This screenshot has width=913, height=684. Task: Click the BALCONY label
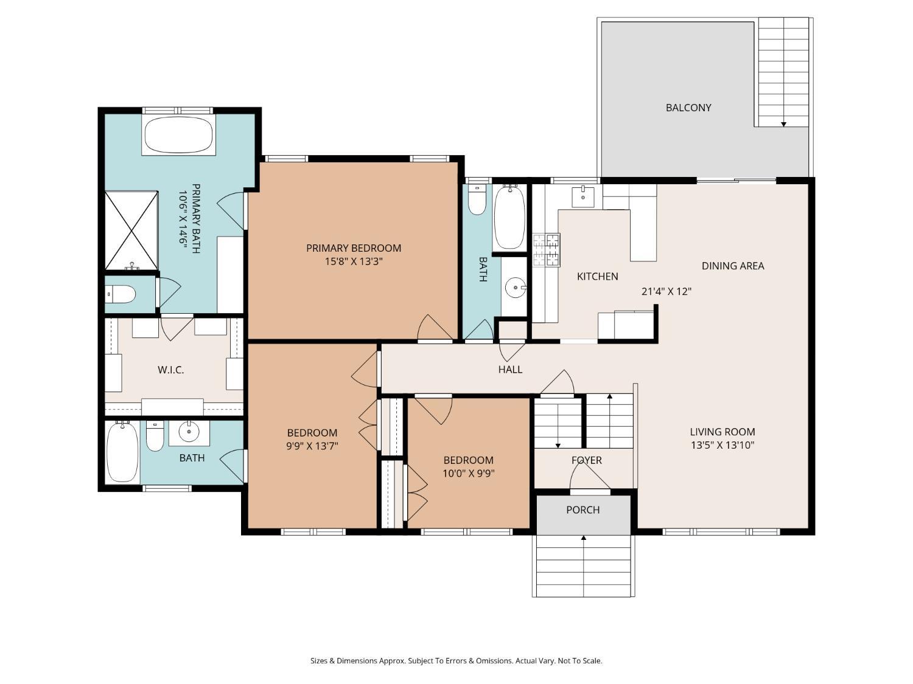[688, 108]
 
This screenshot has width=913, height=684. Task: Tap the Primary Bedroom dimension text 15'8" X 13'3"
[354, 261]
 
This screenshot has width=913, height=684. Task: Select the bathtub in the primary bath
[179, 134]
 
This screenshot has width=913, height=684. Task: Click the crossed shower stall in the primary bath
[131, 230]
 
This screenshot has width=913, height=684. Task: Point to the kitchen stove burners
[547, 250]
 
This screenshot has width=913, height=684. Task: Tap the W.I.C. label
[170, 370]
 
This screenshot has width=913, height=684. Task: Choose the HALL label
[510, 369]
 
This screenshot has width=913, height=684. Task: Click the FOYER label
[587, 460]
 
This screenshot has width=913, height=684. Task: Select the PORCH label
[582, 510]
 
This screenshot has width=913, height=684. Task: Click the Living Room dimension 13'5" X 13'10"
[722, 445]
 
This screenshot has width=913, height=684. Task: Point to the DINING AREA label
[732, 266]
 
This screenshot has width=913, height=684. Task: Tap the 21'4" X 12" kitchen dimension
[666, 291]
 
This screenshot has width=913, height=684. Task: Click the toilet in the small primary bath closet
[121, 294]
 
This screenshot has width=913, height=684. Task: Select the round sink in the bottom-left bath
[189, 432]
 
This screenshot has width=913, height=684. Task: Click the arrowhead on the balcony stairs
[783, 124]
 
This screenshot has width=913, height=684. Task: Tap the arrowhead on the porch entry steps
[584, 538]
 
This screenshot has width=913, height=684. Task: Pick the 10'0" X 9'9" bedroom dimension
[468, 474]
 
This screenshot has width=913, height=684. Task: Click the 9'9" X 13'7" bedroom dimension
[312, 446]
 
